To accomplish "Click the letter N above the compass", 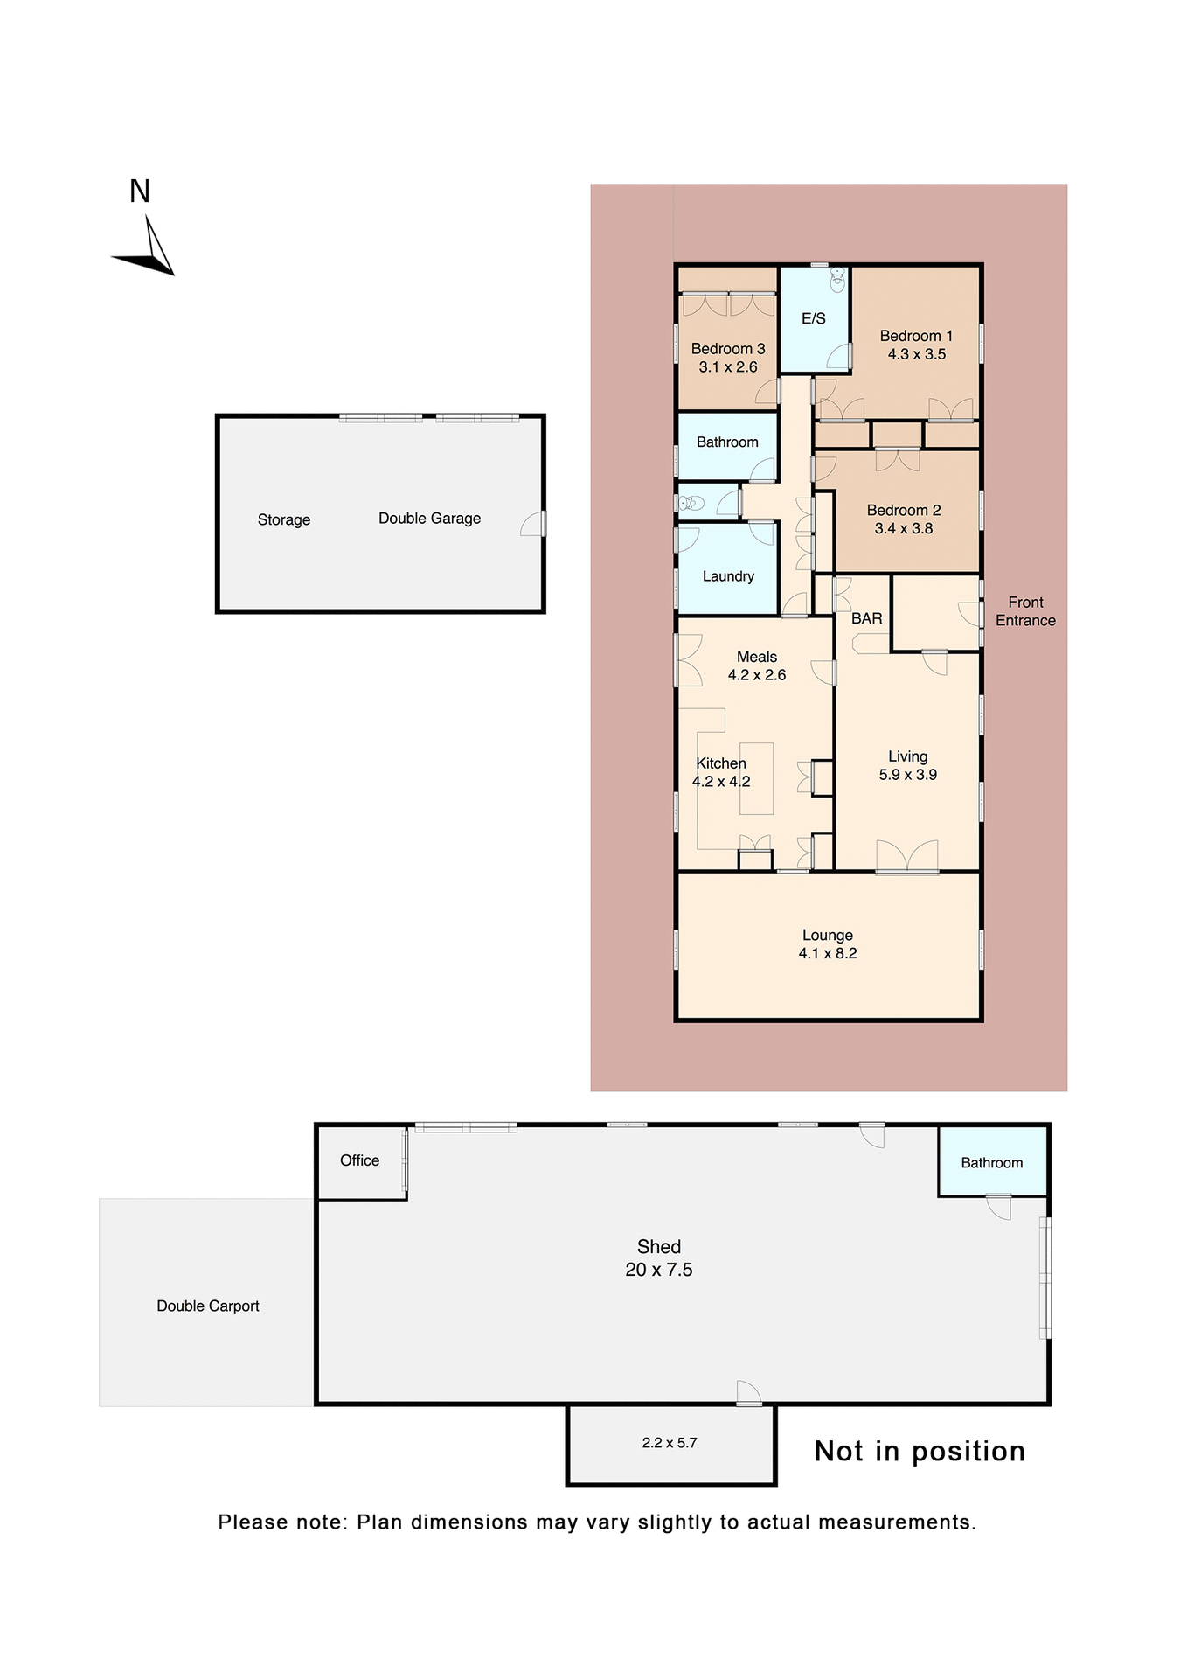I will [x=140, y=192].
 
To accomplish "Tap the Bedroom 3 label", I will [x=727, y=349].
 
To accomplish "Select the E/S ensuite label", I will [x=813, y=319].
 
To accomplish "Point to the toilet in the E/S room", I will [x=837, y=280].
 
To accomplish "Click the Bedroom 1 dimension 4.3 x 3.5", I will [x=916, y=354].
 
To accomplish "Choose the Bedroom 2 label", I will [x=903, y=510].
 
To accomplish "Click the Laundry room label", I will [x=727, y=576].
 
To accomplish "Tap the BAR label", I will [x=866, y=618].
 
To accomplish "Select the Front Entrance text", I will [x=1024, y=611].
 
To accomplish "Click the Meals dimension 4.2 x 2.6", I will [x=756, y=675].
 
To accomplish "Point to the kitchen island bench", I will [x=757, y=778].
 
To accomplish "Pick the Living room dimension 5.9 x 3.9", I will [x=907, y=775].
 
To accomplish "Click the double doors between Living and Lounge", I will [x=906, y=857].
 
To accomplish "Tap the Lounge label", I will [x=827, y=935].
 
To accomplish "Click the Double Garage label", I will [x=429, y=519].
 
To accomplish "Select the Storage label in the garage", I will [x=283, y=519].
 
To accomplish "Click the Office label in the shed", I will [x=359, y=1160].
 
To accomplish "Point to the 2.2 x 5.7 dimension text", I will [x=669, y=1443].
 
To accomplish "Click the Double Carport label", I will [x=207, y=1306].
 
